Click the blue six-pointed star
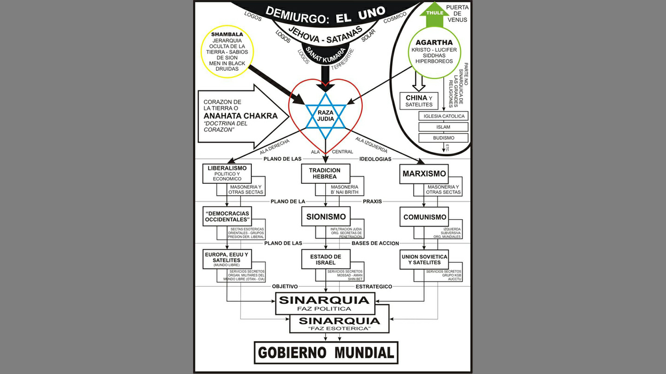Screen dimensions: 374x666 [325, 115]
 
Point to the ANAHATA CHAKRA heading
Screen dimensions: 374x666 [240, 115]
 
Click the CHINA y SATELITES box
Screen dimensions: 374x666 [419, 101]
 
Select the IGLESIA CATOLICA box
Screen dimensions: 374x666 [444, 116]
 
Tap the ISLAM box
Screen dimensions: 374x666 [444, 127]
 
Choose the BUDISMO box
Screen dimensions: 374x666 [444, 138]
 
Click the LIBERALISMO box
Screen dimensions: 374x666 [226, 173]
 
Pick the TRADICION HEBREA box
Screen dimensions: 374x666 [324, 173]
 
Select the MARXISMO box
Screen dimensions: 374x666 [425, 173]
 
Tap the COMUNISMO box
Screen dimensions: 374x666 [425, 217]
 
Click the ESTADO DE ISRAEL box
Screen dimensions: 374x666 [326, 259]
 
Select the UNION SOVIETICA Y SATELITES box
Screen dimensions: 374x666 [424, 259]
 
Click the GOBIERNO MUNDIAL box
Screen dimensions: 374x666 [326, 353]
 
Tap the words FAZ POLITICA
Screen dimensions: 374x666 [325, 309]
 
